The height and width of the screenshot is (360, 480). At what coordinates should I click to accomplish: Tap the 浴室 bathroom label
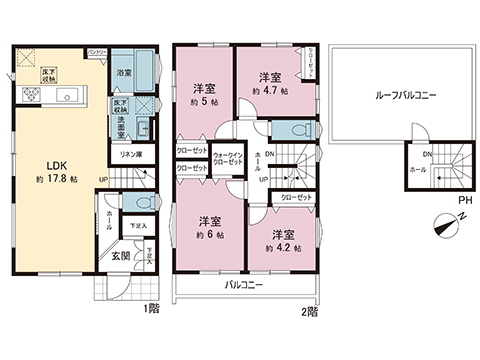coord(124,73)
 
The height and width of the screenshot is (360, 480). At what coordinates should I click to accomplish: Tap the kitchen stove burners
coord(30,97)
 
